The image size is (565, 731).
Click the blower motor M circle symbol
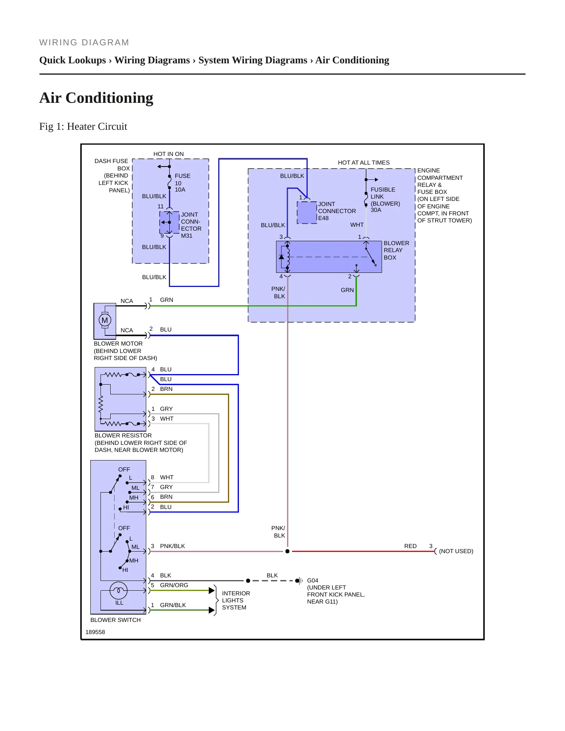(105, 321)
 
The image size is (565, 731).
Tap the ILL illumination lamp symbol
(118, 590)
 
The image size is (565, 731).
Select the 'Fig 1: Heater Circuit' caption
(83, 126)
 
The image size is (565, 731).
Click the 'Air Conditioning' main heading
(96, 98)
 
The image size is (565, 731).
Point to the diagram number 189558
(95, 632)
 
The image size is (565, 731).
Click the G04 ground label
(313, 580)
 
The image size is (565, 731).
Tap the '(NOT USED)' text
(456, 551)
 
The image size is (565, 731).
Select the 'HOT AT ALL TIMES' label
(364, 163)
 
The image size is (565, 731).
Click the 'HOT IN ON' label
(169, 154)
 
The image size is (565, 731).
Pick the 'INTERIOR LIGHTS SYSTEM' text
(236, 600)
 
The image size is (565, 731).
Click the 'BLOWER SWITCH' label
(115, 620)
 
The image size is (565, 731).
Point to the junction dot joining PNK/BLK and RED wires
(287, 551)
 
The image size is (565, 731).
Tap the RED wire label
(411, 546)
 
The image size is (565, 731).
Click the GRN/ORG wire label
(174, 585)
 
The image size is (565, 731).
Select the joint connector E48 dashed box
(307, 213)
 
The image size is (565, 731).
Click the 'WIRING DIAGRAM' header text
(84, 43)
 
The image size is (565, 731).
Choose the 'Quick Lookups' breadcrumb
(73, 60)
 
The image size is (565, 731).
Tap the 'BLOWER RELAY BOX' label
(396, 250)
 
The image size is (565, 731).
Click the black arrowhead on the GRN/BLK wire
(212, 610)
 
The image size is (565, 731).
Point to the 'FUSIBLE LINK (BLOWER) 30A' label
(385, 200)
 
